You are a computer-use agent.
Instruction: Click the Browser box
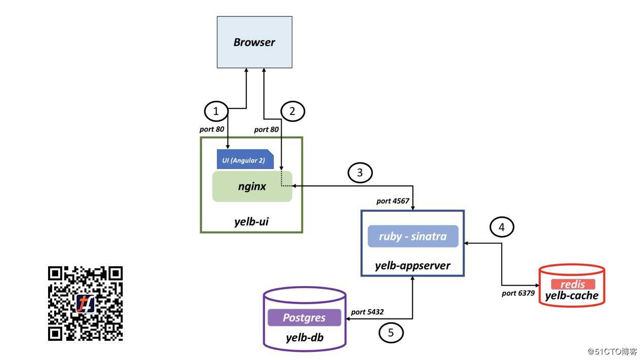pyautogui.click(x=254, y=42)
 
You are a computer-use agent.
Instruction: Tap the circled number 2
pyautogui.click(x=292, y=111)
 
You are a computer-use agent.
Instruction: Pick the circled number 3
pyautogui.click(x=360, y=173)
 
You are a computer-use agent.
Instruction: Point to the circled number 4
pyautogui.click(x=501, y=227)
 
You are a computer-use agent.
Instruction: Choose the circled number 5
pyautogui.click(x=391, y=333)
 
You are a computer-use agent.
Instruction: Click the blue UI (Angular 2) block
pyautogui.click(x=245, y=159)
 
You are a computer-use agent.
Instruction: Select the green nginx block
pyautogui.click(x=252, y=186)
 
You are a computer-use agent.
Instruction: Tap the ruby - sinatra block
pyautogui.click(x=413, y=236)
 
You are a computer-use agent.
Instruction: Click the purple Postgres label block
pyautogui.click(x=304, y=318)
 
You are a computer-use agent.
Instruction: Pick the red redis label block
pyautogui.click(x=573, y=284)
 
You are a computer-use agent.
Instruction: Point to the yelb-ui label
pyautogui.click(x=251, y=221)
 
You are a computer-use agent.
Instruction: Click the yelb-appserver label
pyautogui.click(x=412, y=265)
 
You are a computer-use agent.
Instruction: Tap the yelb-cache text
pyautogui.click(x=572, y=296)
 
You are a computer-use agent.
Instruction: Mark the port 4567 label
pyautogui.click(x=393, y=201)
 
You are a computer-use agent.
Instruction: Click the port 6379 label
pyautogui.click(x=518, y=293)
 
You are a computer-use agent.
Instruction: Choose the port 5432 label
pyautogui.click(x=367, y=312)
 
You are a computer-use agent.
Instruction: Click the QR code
pyautogui.click(x=85, y=303)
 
